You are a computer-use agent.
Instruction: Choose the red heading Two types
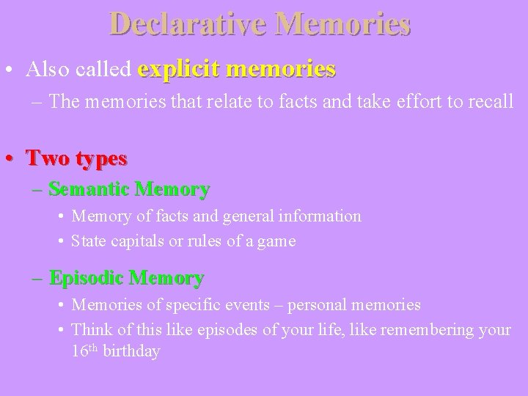(76, 158)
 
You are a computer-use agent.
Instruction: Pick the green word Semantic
(90, 189)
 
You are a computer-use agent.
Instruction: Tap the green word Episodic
(86, 278)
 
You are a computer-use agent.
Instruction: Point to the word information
(320, 216)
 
